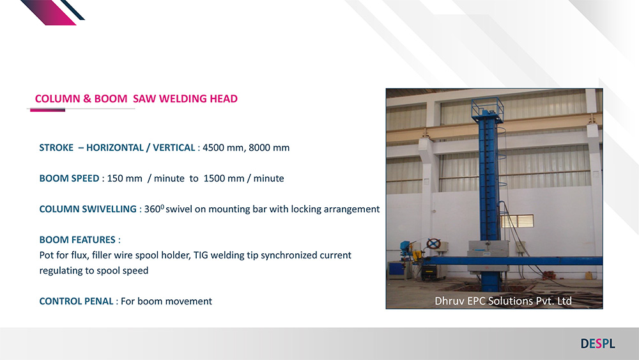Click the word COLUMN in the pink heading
(x=58, y=98)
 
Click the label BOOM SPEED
(x=69, y=178)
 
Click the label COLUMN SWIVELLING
(x=88, y=209)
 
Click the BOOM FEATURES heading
(x=80, y=240)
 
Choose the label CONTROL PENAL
(x=76, y=301)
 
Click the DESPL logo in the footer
(x=598, y=343)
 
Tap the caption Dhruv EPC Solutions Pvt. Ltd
(x=503, y=301)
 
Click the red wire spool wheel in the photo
(x=433, y=244)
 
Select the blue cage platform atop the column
(x=487, y=109)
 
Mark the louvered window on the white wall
(x=517, y=221)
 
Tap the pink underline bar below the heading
(x=48, y=110)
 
